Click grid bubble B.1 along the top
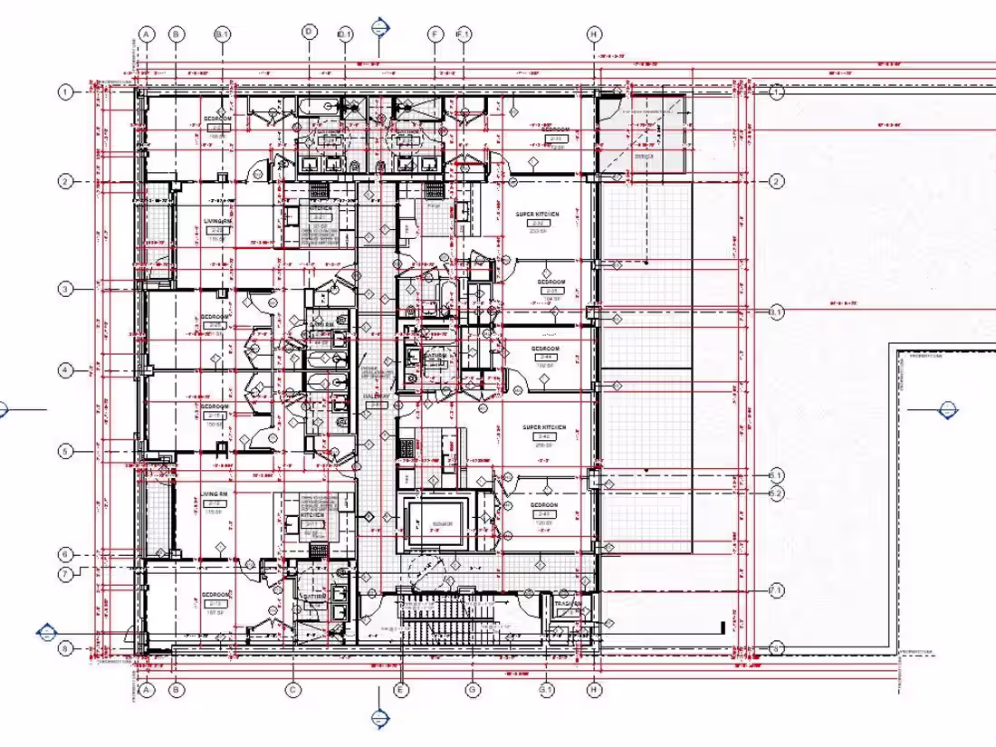click(223, 34)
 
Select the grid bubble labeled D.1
click(344, 34)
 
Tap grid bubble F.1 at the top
click(464, 34)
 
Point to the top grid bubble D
click(309, 33)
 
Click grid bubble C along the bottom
click(293, 690)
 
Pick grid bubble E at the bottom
click(398, 690)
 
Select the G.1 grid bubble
click(546, 690)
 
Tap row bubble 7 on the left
click(65, 574)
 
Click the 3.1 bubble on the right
click(776, 312)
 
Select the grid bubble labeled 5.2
click(776, 493)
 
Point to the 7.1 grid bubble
click(776, 590)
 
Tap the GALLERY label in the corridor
click(377, 397)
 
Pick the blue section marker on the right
click(949, 409)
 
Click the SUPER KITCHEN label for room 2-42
click(543, 426)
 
